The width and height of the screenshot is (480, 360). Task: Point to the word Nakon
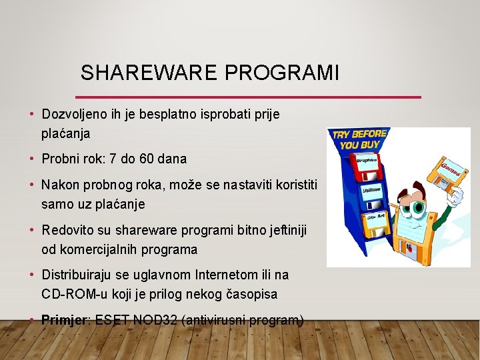pyautogui.click(x=59, y=185)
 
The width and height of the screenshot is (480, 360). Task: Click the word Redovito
pyautogui.click(x=66, y=230)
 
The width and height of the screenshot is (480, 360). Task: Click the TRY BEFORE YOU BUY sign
pyautogui.click(x=359, y=139)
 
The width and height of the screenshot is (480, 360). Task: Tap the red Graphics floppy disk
pyautogui.click(x=367, y=163)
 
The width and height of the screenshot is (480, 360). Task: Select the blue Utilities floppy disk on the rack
pyautogui.click(x=369, y=191)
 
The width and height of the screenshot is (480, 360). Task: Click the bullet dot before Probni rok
pyautogui.click(x=32, y=159)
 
